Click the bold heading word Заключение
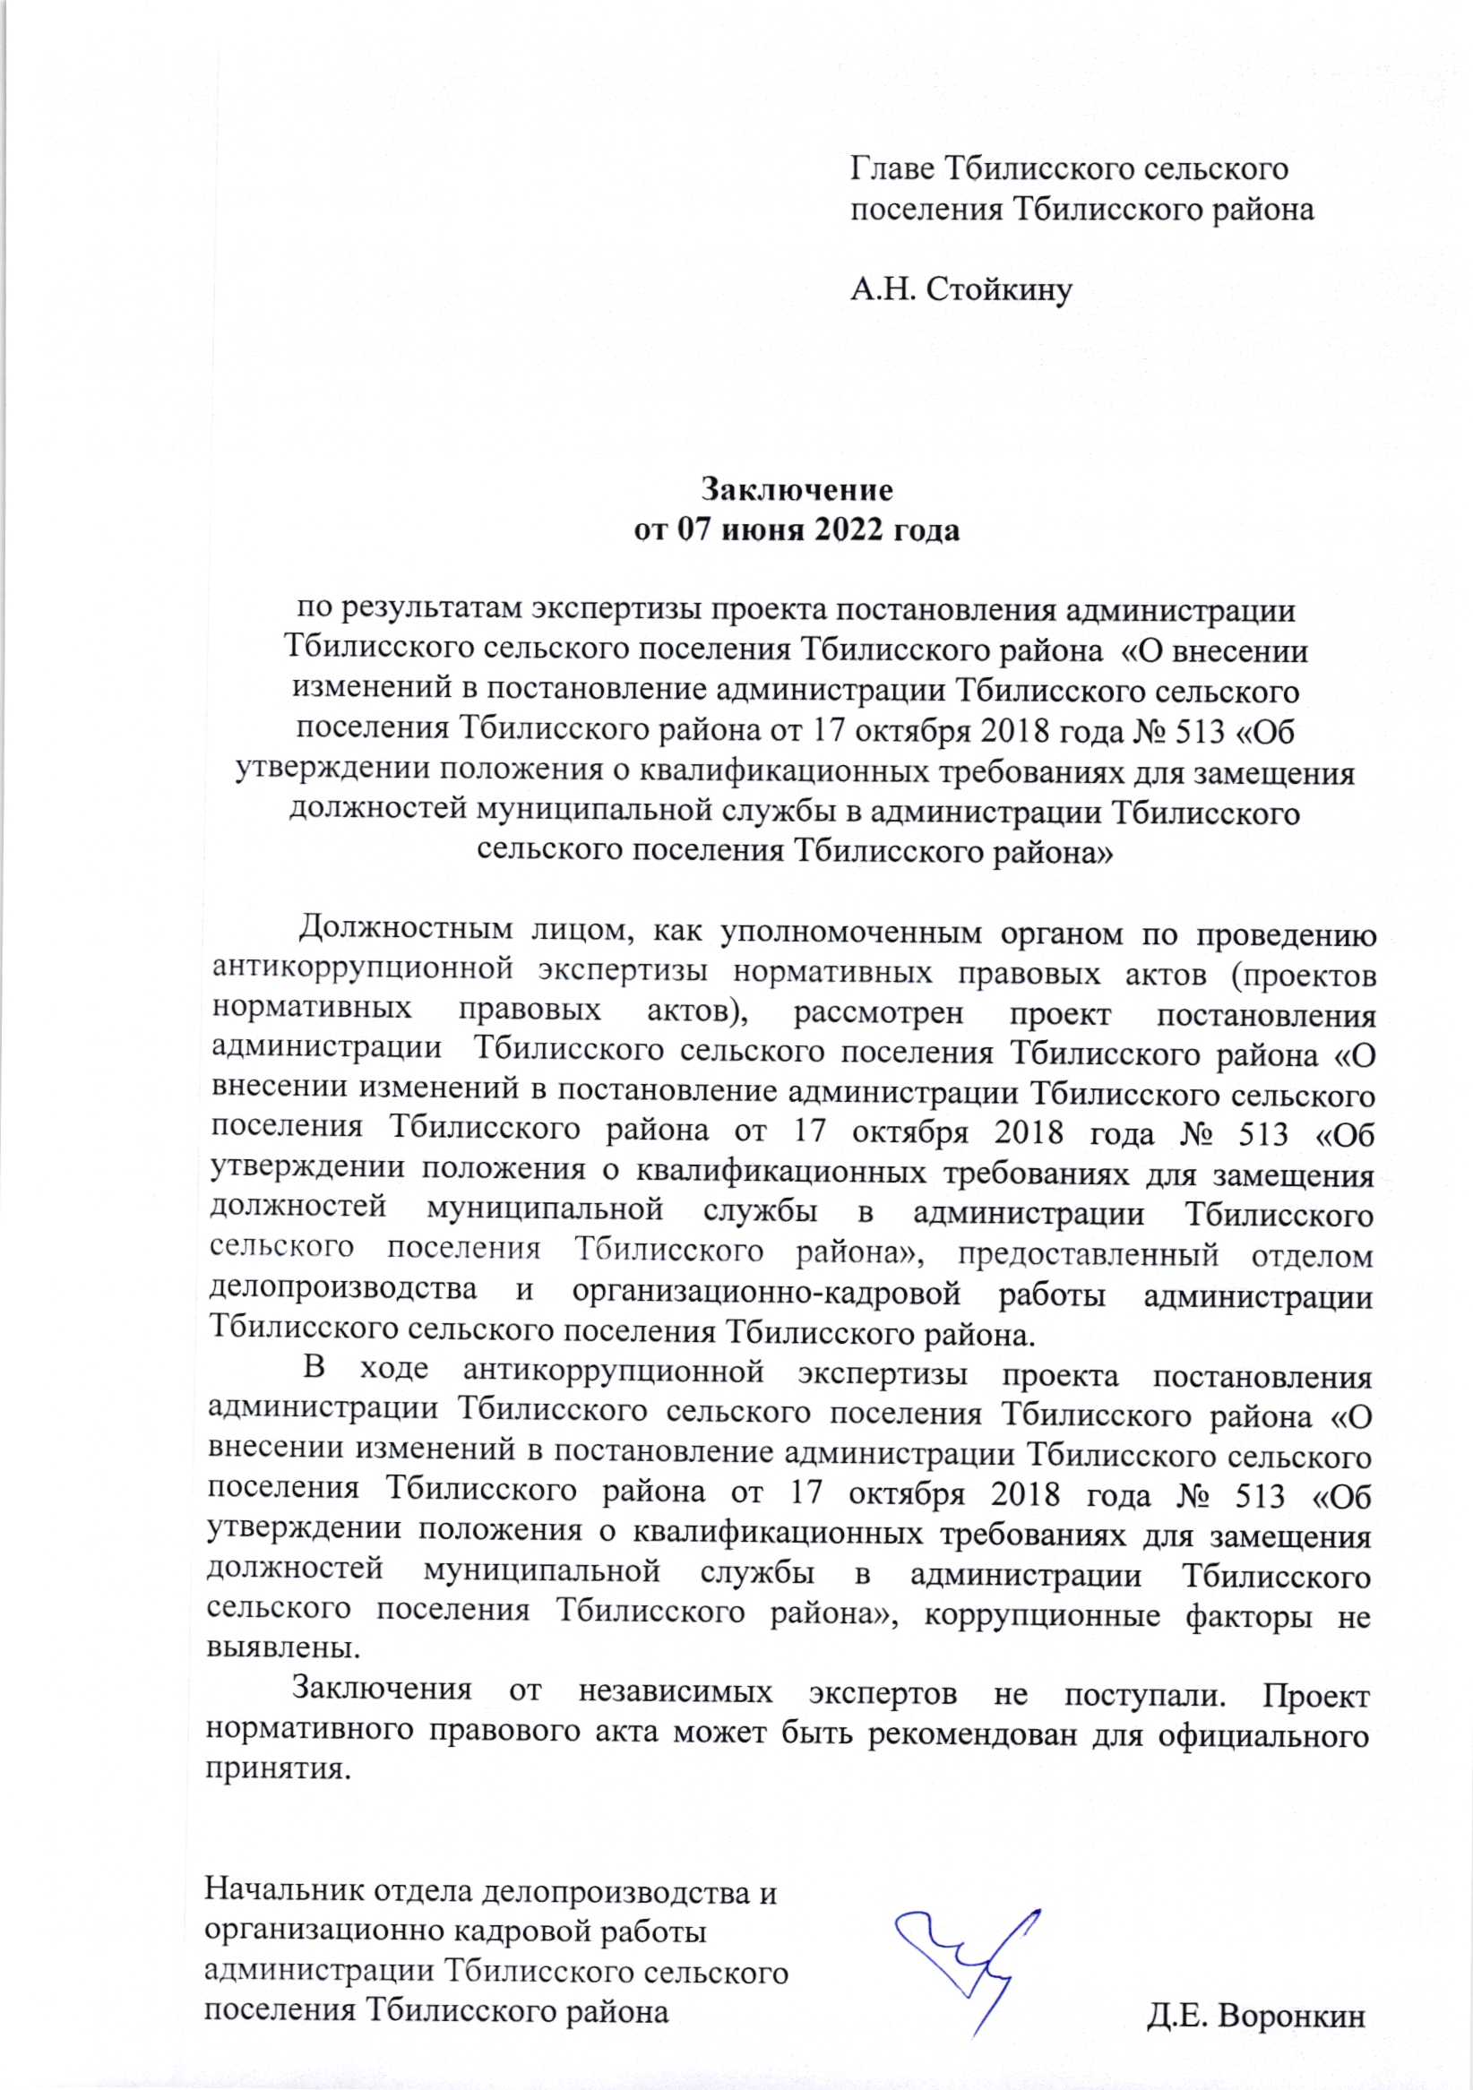pos(797,490)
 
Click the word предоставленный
pos(1088,1255)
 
